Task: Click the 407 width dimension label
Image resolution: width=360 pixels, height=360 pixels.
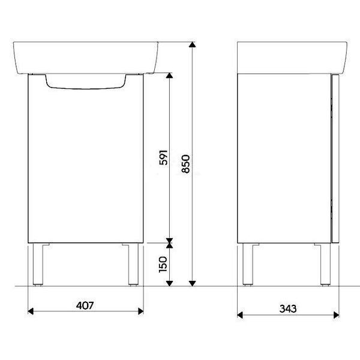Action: (85, 305)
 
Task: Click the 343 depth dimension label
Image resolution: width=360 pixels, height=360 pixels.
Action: (288, 309)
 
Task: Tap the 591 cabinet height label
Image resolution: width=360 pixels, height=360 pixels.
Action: (163, 157)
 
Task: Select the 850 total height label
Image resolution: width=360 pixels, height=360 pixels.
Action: (186, 164)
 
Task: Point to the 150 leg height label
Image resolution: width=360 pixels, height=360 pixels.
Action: (163, 265)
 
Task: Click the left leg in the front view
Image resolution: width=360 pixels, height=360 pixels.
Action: (38, 264)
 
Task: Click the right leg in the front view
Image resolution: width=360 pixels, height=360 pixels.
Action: (133, 264)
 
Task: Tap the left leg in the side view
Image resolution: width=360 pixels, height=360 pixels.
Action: (248, 264)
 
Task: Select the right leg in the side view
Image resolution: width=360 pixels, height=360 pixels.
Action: (326, 264)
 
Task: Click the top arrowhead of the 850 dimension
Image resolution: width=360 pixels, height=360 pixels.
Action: (192, 44)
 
